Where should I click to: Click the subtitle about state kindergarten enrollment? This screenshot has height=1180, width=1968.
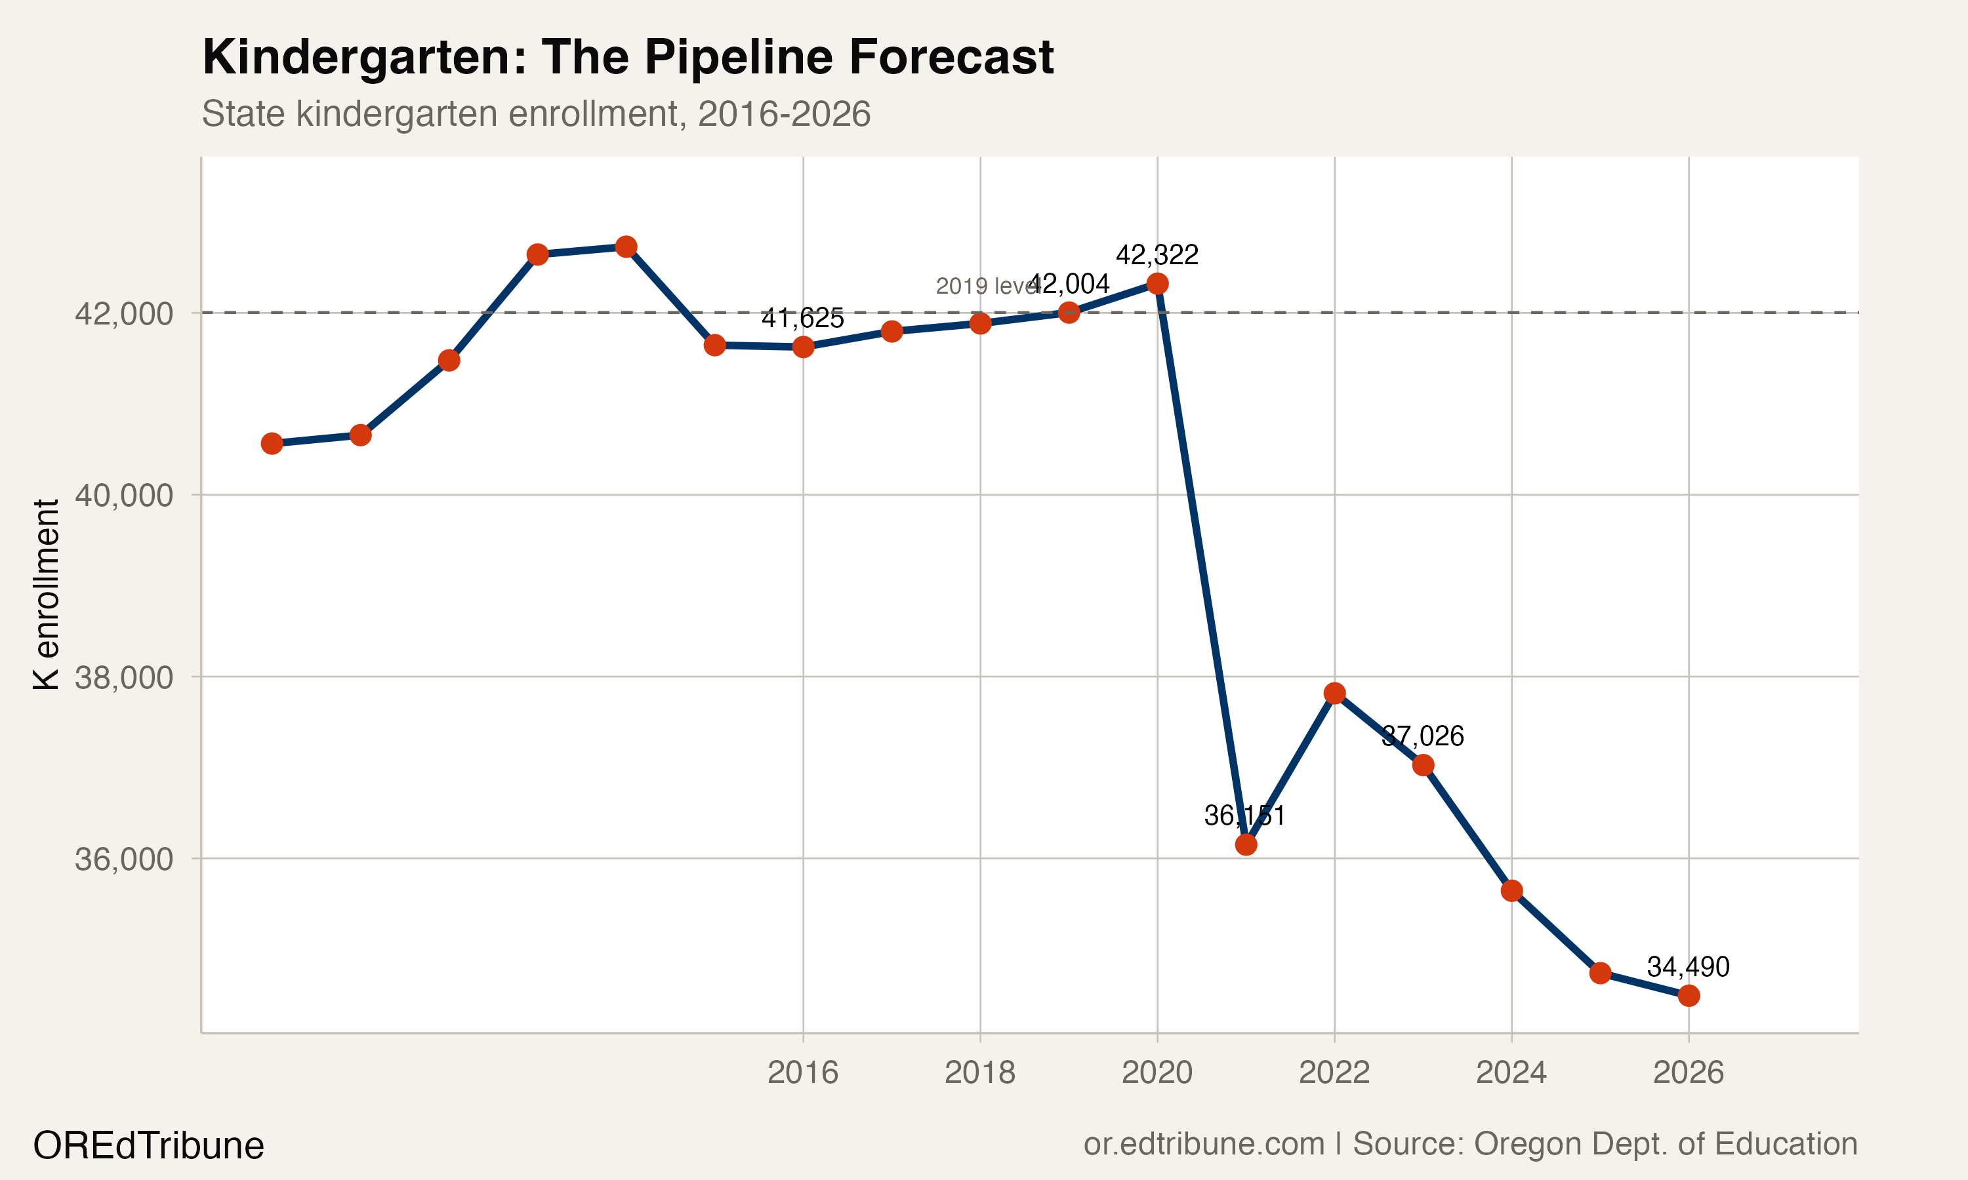point(535,113)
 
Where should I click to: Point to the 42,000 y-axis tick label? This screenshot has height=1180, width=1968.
point(123,313)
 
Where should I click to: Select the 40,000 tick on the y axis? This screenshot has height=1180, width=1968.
point(123,496)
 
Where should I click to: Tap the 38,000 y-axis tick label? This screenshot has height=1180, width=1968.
point(123,677)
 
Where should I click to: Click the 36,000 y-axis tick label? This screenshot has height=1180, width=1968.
point(123,859)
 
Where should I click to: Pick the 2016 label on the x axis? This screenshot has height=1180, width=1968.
point(803,1072)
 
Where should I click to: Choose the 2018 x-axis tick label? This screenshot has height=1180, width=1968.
point(979,1072)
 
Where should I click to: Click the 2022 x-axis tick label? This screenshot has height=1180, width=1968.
point(1334,1072)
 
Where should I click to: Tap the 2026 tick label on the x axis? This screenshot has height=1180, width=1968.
point(1688,1072)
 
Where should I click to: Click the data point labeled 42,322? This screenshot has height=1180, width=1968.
point(1157,283)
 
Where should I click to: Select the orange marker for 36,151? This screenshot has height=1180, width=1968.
point(1246,844)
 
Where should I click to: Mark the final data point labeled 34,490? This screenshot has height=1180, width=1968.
point(1688,996)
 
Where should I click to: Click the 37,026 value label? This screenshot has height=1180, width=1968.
point(1422,736)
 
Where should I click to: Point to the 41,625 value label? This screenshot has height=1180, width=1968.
point(803,318)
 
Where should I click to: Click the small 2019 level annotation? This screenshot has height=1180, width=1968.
point(985,286)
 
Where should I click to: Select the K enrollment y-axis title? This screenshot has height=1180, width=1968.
point(46,594)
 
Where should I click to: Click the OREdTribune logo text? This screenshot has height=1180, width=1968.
point(148,1146)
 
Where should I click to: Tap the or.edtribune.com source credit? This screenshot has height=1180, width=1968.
point(1470,1143)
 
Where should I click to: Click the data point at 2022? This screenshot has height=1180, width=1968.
point(1334,694)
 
